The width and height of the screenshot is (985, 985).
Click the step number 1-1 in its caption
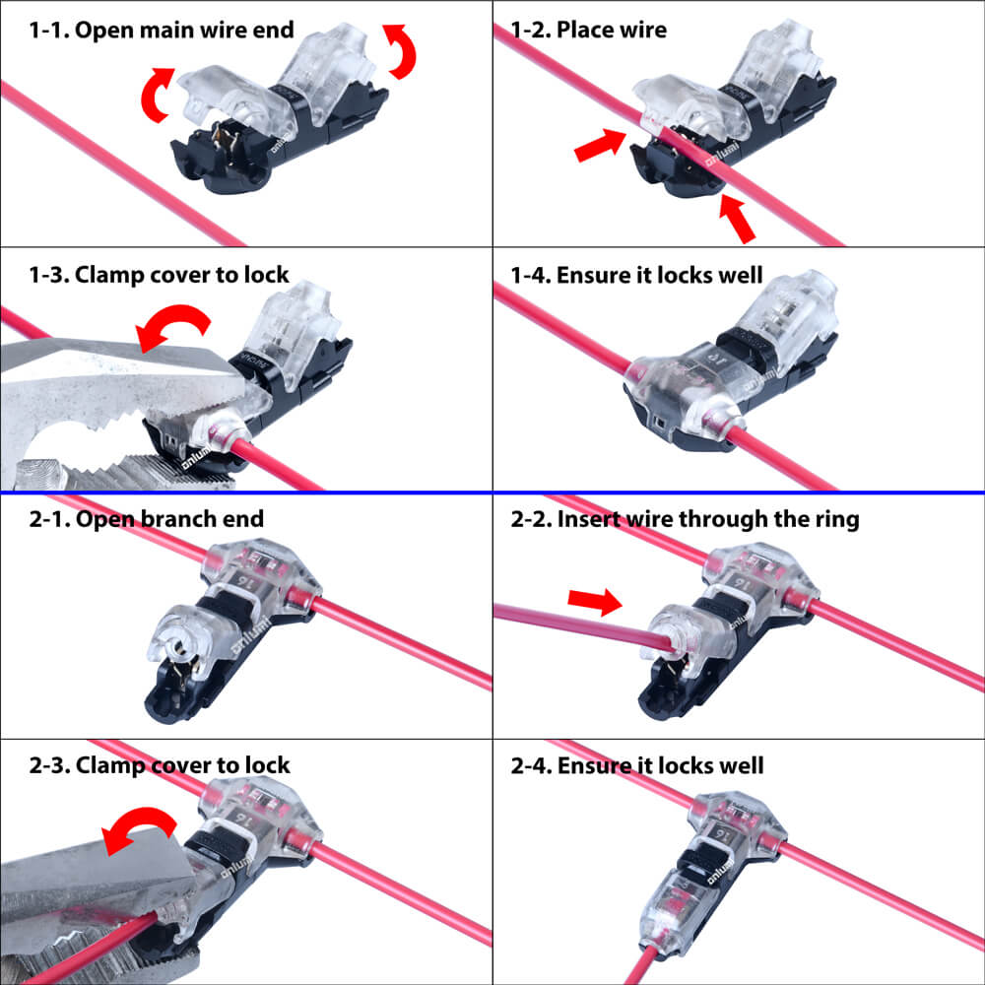[x=49, y=31]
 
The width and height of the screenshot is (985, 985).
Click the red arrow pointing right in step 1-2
[x=600, y=145]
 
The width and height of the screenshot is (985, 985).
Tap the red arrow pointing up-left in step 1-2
[x=736, y=218]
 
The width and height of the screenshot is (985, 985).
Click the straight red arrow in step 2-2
[x=595, y=602]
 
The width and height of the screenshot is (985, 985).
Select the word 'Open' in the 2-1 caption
[x=105, y=520]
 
